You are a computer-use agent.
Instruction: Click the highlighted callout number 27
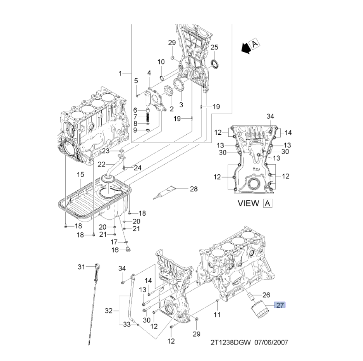pos(280,305)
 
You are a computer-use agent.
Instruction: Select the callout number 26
pos(266,295)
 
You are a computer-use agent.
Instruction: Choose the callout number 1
pos(121,73)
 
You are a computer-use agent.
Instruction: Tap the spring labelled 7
pos(148,117)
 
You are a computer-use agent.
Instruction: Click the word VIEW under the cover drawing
pos(248,203)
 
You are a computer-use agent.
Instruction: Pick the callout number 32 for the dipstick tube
pos(109,311)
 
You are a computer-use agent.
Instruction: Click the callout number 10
pos(160,62)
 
